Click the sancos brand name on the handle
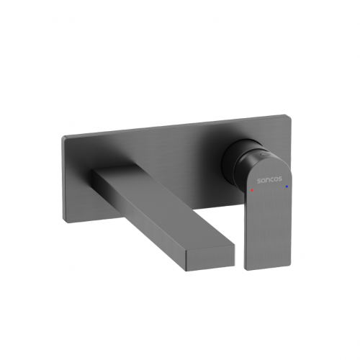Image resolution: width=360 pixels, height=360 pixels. [269, 180]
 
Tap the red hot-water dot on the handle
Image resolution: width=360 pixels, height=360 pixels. [252, 190]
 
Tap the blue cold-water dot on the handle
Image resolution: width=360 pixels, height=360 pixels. [287, 186]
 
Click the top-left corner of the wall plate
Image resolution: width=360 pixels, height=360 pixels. [63, 138]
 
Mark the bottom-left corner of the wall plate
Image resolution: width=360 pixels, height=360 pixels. [64, 222]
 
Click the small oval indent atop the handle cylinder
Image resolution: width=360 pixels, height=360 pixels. [264, 154]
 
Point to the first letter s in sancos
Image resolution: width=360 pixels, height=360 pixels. [259, 181]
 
